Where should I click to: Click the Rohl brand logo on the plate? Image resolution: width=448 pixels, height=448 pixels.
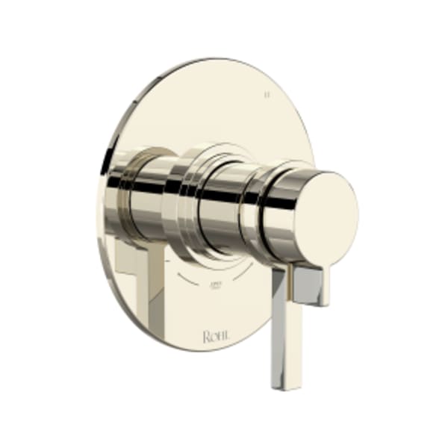216,337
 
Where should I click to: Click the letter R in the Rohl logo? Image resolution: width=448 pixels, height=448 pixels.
206,337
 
